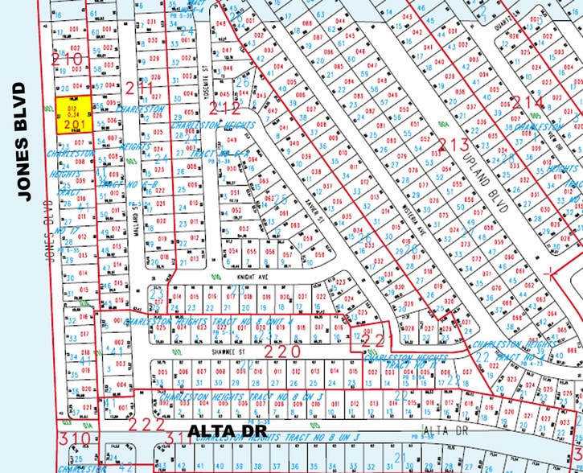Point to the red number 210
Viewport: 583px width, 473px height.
coord(68,59)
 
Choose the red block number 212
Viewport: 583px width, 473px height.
coord(228,104)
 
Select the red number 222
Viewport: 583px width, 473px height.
coord(148,424)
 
